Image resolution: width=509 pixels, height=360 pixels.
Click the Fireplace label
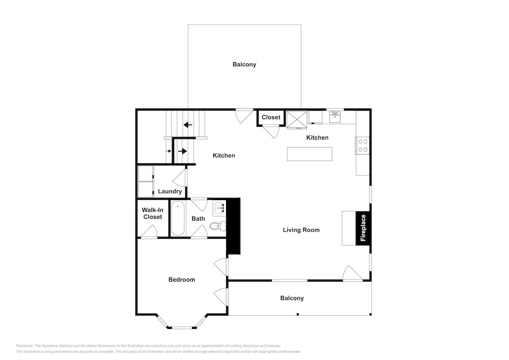tap(363, 228)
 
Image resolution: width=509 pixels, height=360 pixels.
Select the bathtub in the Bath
tap(178, 218)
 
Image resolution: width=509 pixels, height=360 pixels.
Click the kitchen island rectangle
tap(309, 154)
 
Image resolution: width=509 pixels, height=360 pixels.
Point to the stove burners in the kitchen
tap(362, 146)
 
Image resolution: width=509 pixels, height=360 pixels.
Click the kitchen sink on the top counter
tap(335, 117)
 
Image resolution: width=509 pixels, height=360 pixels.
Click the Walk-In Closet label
tap(153, 213)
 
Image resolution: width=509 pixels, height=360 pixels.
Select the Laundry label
tap(170, 191)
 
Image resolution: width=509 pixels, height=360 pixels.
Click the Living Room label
tap(301, 230)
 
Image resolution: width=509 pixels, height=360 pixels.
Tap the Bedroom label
tap(182, 280)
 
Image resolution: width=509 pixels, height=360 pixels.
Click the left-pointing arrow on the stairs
tap(188, 125)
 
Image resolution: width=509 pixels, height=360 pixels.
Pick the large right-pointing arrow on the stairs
tap(182, 151)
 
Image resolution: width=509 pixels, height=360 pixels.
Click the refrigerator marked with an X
tap(297, 120)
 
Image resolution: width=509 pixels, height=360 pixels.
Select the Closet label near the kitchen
tap(271, 117)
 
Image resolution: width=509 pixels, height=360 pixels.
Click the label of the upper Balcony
tap(244, 64)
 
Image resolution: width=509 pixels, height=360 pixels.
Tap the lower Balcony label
tap(292, 298)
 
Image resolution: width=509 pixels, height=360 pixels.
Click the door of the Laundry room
tap(180, 178)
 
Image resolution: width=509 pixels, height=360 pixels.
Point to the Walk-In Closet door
tap(149, 232)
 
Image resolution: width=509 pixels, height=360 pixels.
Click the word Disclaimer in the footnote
tap(24, 346)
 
